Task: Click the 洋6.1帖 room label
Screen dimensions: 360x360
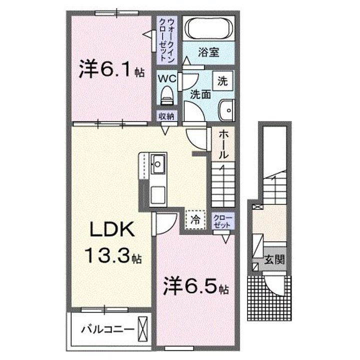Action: (x=111, y=70)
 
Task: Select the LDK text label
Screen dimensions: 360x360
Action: (x=111, y=231)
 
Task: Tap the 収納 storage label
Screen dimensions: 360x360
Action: (x=166, y=116)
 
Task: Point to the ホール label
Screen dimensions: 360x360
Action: (x=223, y=144)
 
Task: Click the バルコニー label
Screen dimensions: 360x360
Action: (x=108, y=330)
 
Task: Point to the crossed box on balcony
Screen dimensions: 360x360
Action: (x=142, y=329)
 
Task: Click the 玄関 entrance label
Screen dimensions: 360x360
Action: (x=274, y=260)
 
